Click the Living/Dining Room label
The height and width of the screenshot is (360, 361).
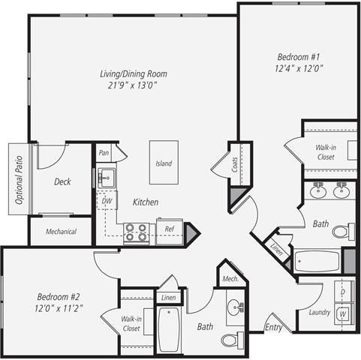(x=133, y=73)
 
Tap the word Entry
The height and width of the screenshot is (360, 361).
(x=273, y=327)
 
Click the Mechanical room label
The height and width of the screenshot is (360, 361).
(x=61, y=232)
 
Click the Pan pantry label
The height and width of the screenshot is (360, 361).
(x=104, y=153)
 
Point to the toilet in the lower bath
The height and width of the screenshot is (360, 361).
(x=231, y=340)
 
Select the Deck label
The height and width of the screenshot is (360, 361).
(x=63, y=181)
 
